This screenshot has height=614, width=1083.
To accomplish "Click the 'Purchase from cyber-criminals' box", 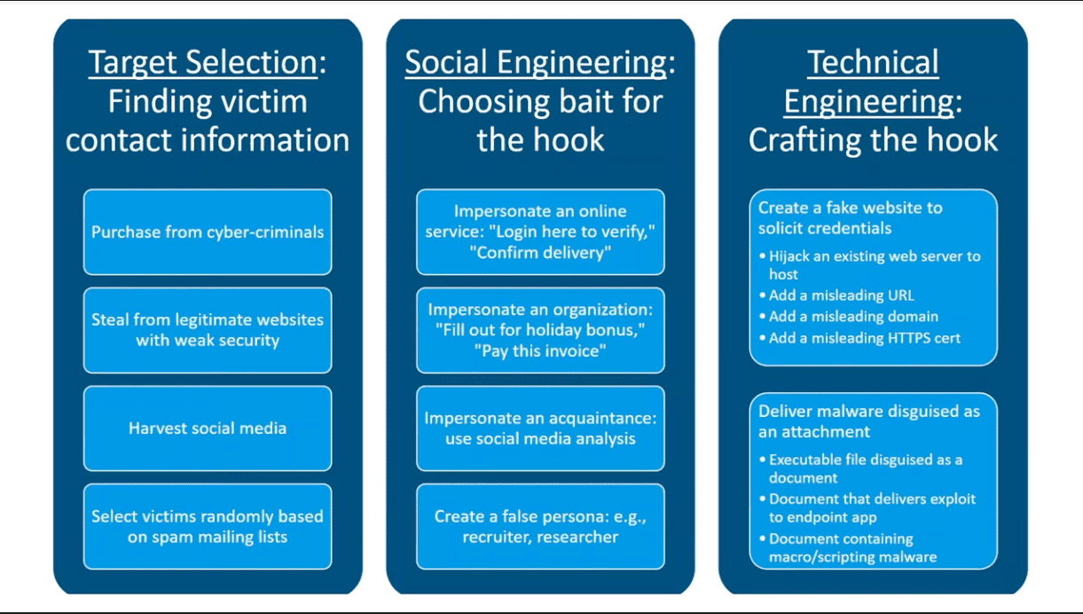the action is [208, 232].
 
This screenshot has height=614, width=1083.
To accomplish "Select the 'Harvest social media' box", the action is [208, 429].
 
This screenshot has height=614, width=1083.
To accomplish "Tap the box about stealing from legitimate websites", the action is [208, 330].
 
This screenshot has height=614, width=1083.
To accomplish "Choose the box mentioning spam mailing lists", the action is [208, 526].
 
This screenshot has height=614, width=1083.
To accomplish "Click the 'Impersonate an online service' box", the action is [540, 232].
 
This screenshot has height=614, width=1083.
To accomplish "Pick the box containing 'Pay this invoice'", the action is [540, 330].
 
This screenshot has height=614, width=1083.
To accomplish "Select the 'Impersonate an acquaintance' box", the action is [540, 429].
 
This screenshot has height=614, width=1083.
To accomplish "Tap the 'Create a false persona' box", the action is [540, 526].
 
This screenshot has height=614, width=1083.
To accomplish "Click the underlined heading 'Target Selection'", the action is [203, 62].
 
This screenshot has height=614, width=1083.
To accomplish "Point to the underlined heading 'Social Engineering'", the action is [536, 62].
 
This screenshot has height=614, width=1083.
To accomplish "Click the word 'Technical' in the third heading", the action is [873, 62].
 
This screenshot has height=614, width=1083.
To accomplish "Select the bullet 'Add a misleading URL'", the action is [837, 295].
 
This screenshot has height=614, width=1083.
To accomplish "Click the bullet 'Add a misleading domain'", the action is [849, 317].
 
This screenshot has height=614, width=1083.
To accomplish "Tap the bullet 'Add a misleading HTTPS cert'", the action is [859, 338].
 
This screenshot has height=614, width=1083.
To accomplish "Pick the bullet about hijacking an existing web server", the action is [870, 265].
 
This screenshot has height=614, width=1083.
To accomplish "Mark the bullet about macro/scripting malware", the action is [848, 547].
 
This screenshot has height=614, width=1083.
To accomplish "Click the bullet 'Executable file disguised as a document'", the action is [860, 468].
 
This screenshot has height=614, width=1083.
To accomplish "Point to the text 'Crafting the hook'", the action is [873, 140].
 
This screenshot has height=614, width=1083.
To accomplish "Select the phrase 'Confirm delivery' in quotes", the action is [540, 252].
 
